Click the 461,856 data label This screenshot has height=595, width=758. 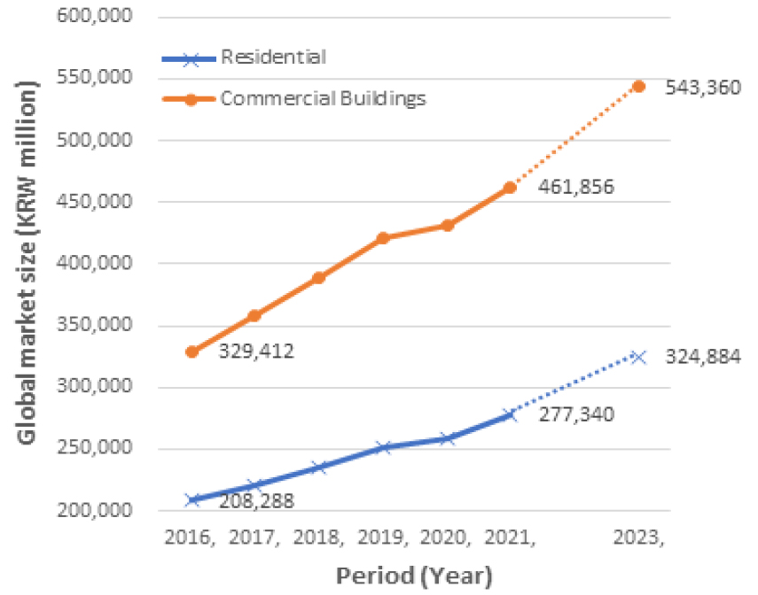tap(577, 188)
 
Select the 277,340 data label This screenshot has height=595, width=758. tap(577, 413)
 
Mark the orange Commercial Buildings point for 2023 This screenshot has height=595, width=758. tap(638, 86)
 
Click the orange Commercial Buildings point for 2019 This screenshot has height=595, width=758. tap(383, 238)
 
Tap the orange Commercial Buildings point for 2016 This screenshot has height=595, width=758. tap(191, 352)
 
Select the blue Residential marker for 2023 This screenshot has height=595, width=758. tap(638, 357)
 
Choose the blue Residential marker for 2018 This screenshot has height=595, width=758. tap(319, 467)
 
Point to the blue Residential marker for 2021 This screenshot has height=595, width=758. tap(510, 415)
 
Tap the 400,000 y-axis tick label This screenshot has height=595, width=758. tap(105, 264)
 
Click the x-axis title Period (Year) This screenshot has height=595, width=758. tap(413, 576)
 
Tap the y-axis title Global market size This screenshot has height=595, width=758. tap(28, 264)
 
